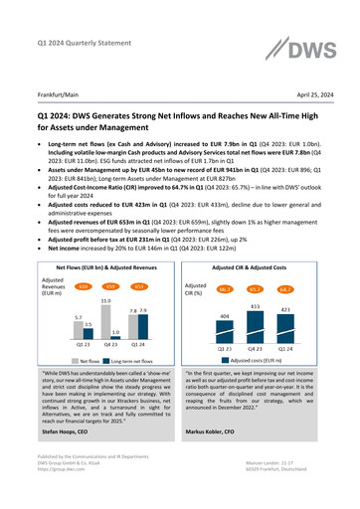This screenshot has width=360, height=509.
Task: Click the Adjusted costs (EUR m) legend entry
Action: pos(268,374)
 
